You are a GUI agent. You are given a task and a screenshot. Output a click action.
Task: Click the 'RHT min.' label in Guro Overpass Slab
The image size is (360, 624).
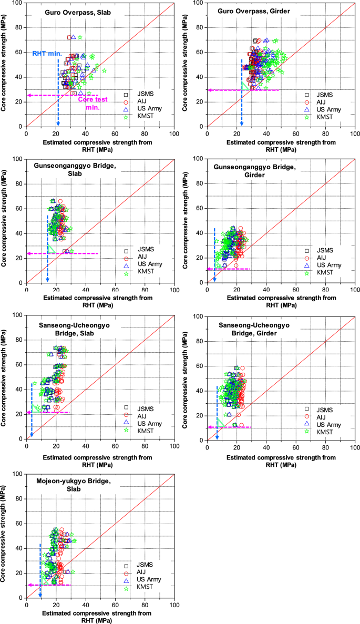tap(47, 54)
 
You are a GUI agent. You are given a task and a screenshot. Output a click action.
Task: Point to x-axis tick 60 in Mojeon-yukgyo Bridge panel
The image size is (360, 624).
tap(115, 604)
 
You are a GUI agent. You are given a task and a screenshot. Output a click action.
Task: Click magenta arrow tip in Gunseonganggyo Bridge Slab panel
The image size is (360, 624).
tap(28, 253)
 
